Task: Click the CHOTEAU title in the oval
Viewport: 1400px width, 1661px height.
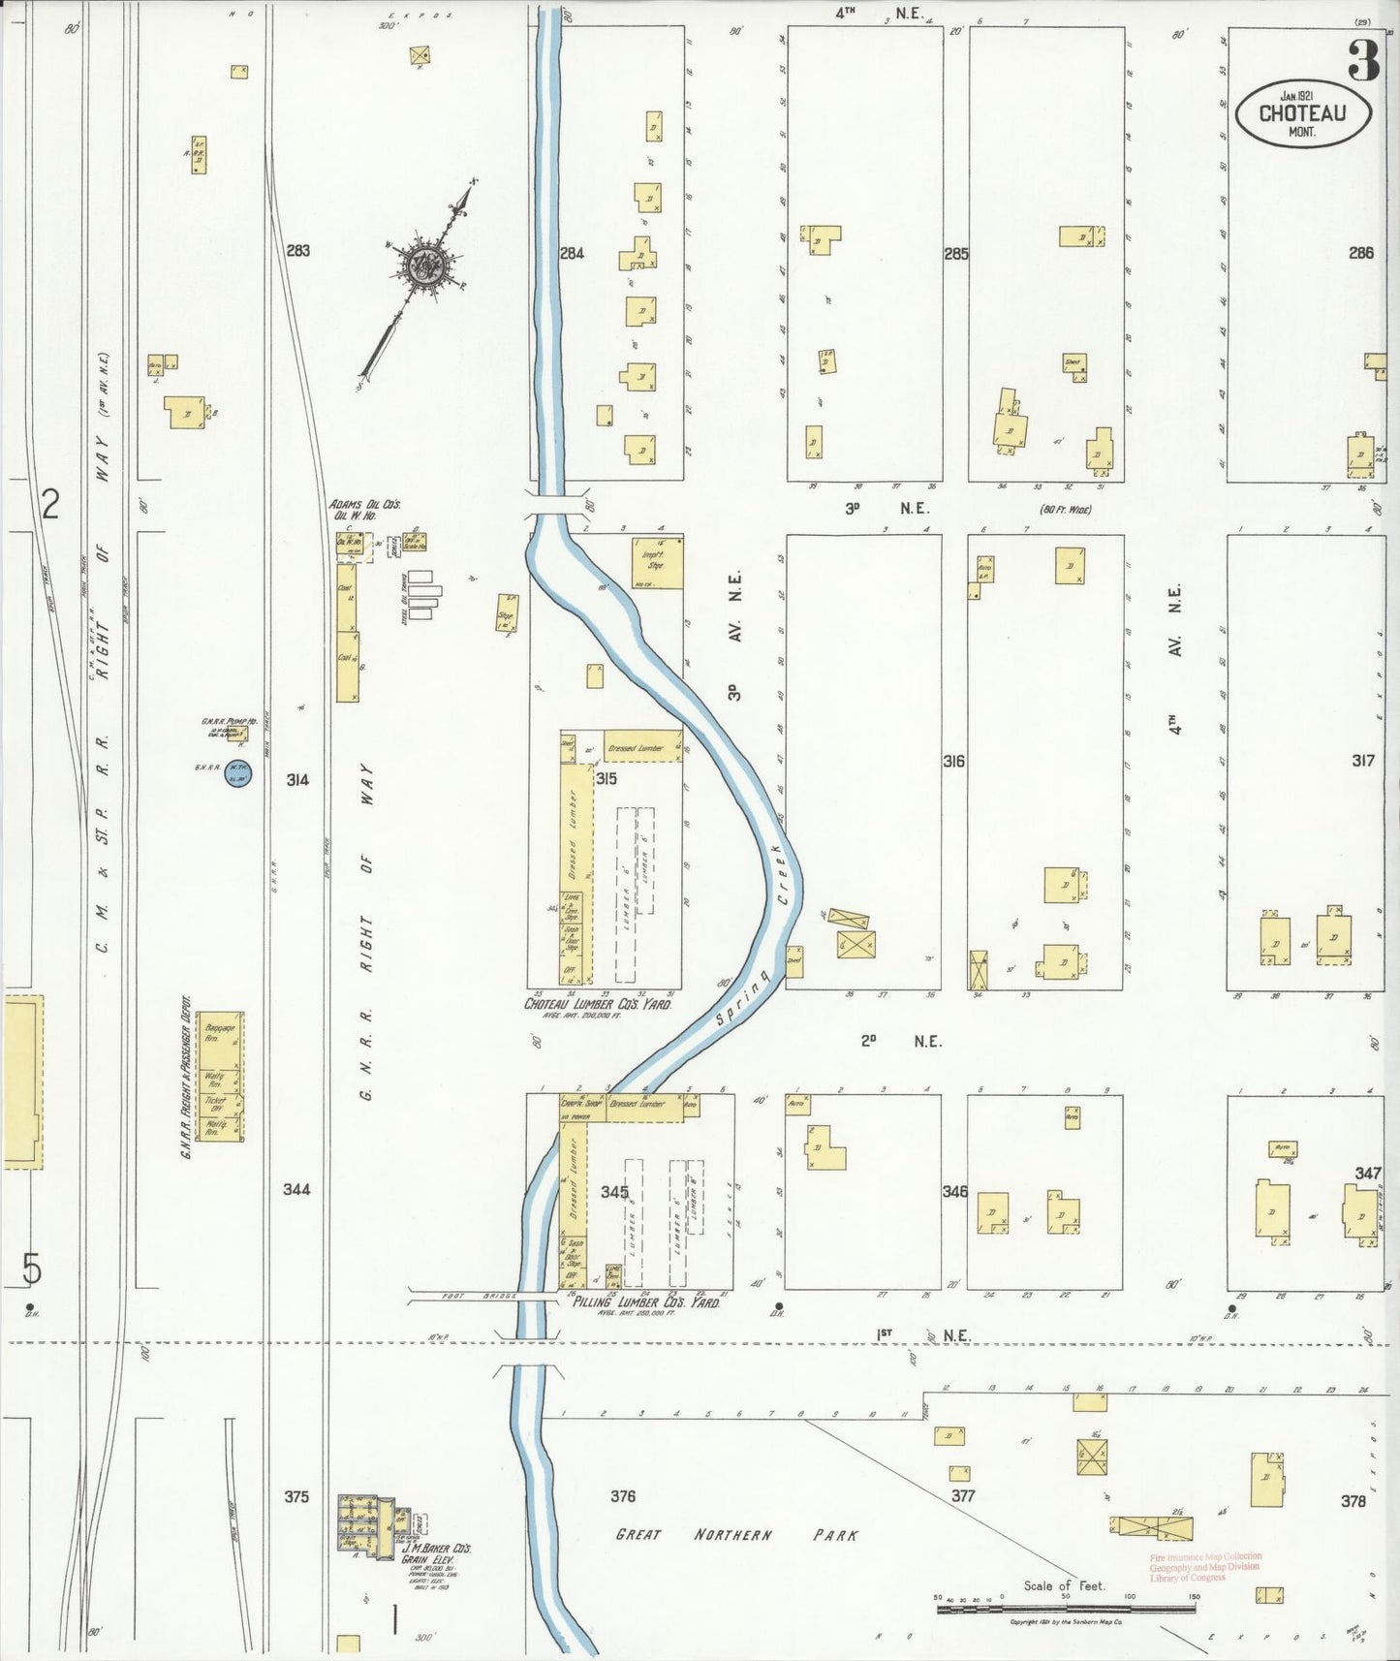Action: (x=1302, y=112)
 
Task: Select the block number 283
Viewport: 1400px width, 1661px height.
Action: (x=297, y=250)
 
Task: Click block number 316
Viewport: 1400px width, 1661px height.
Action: (x=954, y=762)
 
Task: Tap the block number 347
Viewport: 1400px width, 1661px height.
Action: (x=1367, y=1173)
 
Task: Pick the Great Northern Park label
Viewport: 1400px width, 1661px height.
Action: (x=736, y=1534)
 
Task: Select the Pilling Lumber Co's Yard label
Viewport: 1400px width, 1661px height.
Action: (x=645, y=1302)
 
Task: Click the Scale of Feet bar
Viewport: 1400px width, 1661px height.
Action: (x=1065, y=1609)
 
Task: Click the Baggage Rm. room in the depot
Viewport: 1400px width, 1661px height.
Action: (x=220, y=1032)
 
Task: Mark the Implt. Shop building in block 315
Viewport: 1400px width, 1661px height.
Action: (x=657, y=562)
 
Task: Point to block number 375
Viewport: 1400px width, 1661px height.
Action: (x=296, y=1496)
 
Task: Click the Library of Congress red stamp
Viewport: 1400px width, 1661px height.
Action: (x=1205, y=1567)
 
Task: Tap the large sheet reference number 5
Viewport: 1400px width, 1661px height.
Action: (x=32, y=1267)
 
